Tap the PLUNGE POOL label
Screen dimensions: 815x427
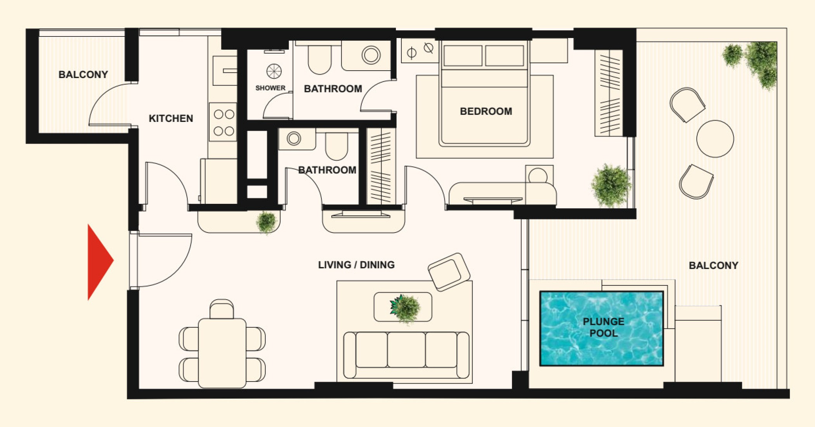[603, 327]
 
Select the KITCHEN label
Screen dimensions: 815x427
[171, 118]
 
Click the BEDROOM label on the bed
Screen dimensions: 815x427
[486, 111]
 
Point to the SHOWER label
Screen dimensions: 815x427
[271, 88]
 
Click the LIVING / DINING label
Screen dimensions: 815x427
[356, 265]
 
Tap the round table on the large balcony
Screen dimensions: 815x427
[715, 139]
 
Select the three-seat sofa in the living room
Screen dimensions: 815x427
[406, 355]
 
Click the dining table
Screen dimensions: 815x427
[222, 353]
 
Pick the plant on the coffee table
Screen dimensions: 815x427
[405, 308]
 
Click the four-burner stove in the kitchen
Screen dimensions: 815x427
[223, 122]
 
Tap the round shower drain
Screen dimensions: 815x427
[274, 71]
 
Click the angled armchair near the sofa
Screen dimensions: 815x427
[449, 272]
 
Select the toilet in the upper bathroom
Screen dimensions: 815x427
[320, 59]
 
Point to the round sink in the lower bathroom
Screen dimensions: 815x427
[294, 139]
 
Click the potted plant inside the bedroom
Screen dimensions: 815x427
[610, 185]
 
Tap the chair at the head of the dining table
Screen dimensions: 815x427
[222, 309]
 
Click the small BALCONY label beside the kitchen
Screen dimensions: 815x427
[83, 75]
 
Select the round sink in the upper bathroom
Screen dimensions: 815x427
[371, 55]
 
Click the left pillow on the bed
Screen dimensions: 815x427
[463, 56]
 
